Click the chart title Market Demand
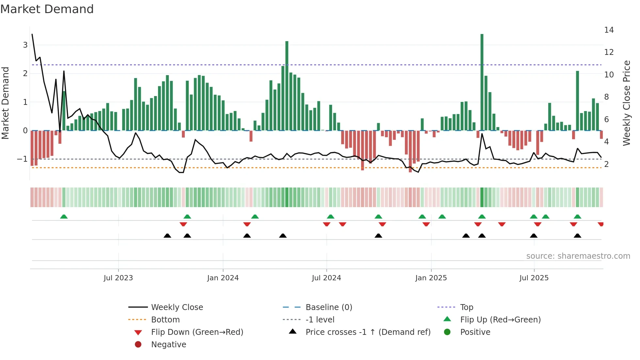click(x=47, y=9)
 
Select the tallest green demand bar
click(x=482, y=82)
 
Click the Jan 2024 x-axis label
click(x=223, y=278)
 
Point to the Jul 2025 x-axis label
click(x=534, y=278)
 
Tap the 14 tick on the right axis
click(x=609, y=30)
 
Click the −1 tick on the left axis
click(x=23, y=159)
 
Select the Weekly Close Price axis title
click(x=627, y=103)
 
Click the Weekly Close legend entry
click(x=177, y=307)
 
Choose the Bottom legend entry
click(x=165, y=320)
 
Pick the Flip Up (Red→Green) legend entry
click(x=500, y=320)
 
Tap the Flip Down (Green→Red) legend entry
click(x=197, y=332)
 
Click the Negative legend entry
click(x=168, y=345)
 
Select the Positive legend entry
click(x=475, y=332)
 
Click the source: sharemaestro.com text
click(x=578, y=256)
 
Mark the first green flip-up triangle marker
click(x=64, y=217)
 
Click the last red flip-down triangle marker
click(x=601, y=224)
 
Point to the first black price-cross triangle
click(x=167, y=236)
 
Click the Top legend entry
click(x=467, y=307)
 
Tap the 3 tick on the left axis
click(x=25, y=45)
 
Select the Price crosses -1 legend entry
click(x=368, y=332)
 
